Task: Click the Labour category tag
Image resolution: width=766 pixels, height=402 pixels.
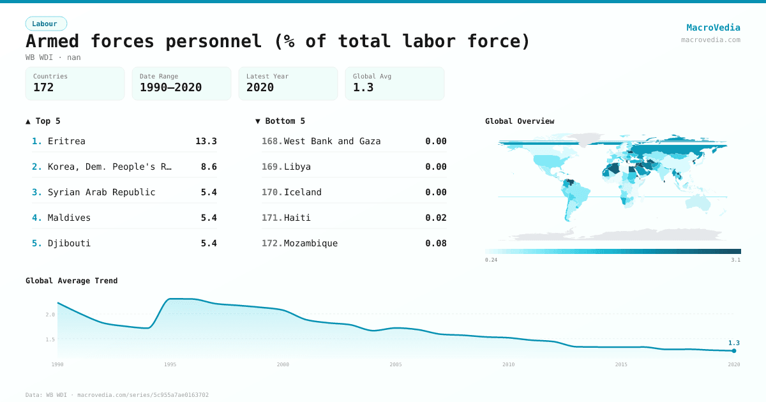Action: [x=45, y=24]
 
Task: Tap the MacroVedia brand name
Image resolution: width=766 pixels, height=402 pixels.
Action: [x=713, y=27]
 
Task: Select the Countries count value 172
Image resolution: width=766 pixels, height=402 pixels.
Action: [x=43, y=87]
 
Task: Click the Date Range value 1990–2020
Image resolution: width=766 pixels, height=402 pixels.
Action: [x=170, y=87]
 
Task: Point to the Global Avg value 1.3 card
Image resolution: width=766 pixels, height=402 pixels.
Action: [x=394, y=84]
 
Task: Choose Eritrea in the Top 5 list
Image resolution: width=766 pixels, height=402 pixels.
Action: [x=66, y=141]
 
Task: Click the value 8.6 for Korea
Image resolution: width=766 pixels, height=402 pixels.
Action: [x=209, y=167]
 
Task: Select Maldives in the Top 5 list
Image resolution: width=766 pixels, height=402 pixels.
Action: [x=69, y=218]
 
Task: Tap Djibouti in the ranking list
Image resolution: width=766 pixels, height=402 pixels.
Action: [x=69, y=243]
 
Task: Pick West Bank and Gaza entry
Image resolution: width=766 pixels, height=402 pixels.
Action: [x=332, y=141]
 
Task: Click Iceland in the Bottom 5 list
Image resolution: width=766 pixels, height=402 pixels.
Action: [x=303, y=192]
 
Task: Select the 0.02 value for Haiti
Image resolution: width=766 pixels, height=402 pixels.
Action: [x=436, y=218]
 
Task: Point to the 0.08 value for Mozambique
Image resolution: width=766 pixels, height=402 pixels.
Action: [x=436, y=243]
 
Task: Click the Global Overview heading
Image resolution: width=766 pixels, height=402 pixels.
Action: [x=520, y=121]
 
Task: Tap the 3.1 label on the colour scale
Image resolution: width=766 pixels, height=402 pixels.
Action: [x=736, y=260]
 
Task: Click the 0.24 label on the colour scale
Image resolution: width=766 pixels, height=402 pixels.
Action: [x=491, y=260]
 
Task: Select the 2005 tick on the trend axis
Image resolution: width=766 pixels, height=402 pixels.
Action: [x=396, y=364]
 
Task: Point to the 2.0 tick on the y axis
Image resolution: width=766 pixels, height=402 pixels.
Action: [x=50, y=315]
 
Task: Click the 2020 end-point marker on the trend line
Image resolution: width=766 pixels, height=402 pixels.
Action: [x=734, y=351]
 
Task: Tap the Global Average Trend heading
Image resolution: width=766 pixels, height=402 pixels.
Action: [x=71, y=281]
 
